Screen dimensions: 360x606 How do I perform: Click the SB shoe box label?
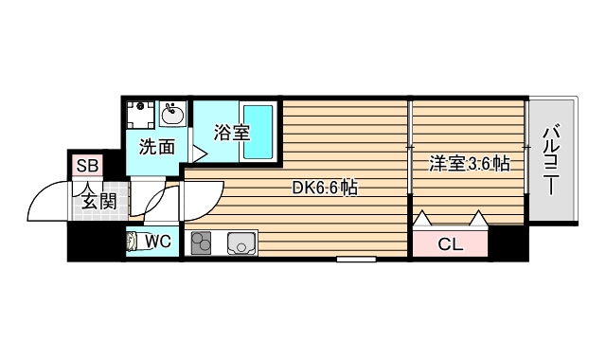point(88,167)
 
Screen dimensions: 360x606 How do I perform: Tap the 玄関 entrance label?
point(98,200)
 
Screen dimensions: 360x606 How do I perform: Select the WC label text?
point(157,242)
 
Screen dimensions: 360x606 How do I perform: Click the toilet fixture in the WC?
point(134,242)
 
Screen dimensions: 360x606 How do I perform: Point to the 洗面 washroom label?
point(157,147)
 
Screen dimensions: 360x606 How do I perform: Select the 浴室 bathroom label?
point(231,133)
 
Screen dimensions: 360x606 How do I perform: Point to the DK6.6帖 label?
point(324,188)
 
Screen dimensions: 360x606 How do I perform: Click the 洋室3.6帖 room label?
point(469,163)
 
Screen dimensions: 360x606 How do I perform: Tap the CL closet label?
point(450,244)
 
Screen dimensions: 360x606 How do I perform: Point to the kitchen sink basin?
point(242,244)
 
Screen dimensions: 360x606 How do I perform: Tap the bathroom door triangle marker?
point(199,152)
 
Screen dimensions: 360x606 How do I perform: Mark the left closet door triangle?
point(420,219)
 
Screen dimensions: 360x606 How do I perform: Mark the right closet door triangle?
point(479,219)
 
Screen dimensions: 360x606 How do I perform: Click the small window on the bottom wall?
point(355,258)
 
